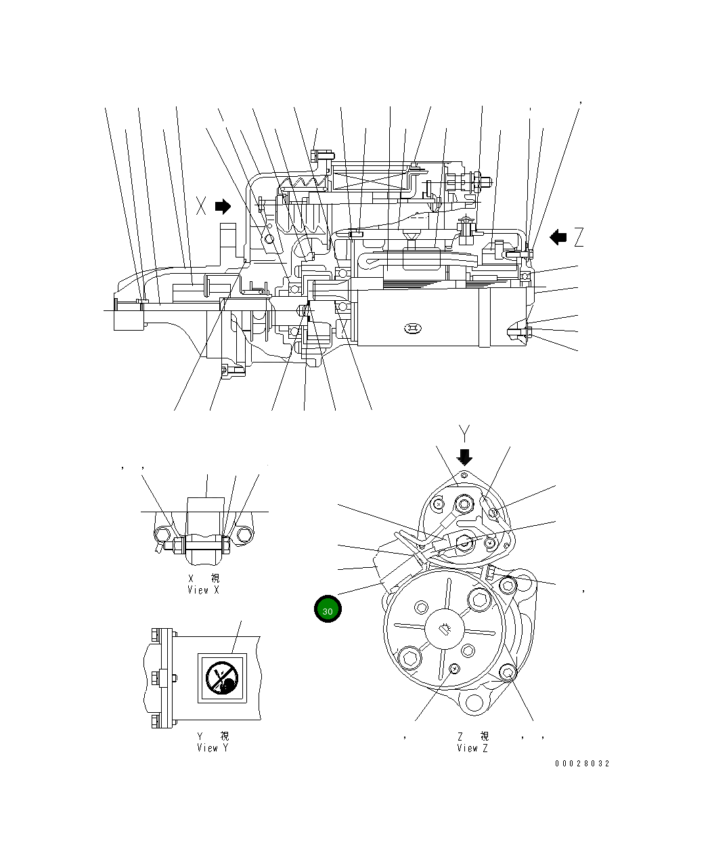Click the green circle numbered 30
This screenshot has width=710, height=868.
[328, 609]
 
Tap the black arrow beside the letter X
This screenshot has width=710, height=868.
[223, 206]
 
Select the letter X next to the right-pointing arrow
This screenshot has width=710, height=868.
[201, 206]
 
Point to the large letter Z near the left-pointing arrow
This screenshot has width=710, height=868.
[579, 237]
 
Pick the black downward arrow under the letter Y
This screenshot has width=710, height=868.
[464, 456]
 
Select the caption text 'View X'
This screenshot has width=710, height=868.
[203, 590]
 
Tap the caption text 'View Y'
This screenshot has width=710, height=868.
[213, 748]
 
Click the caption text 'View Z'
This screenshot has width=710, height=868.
[472, 748]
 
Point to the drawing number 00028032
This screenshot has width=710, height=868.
[582, 764]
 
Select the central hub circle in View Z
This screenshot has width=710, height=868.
[445, 629]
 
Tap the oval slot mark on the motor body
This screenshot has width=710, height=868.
[412, 329]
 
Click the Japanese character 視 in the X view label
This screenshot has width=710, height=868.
[215, 579]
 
